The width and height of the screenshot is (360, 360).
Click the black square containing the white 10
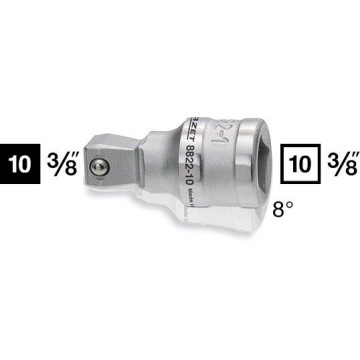(21, 164)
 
